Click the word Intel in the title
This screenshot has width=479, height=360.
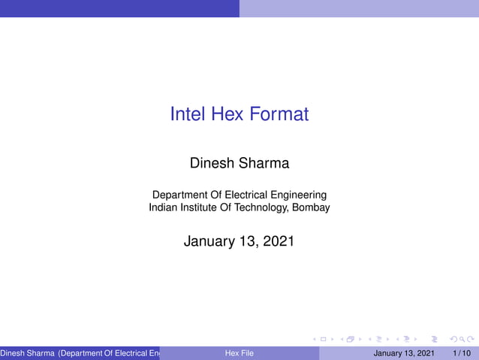(x=188, y=114)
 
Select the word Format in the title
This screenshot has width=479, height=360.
(x=279, y=114)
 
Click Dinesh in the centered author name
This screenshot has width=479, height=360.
(x=213, y=162)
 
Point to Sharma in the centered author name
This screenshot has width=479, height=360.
(x=264, y=162)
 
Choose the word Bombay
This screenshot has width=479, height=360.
(x=311, y=207)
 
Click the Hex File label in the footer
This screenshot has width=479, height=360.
(x=239, y=353)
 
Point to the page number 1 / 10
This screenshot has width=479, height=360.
(x=462, y=353)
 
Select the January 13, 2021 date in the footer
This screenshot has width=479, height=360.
(x=404, y=353)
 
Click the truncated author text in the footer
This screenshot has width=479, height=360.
(x=80, y=353)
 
